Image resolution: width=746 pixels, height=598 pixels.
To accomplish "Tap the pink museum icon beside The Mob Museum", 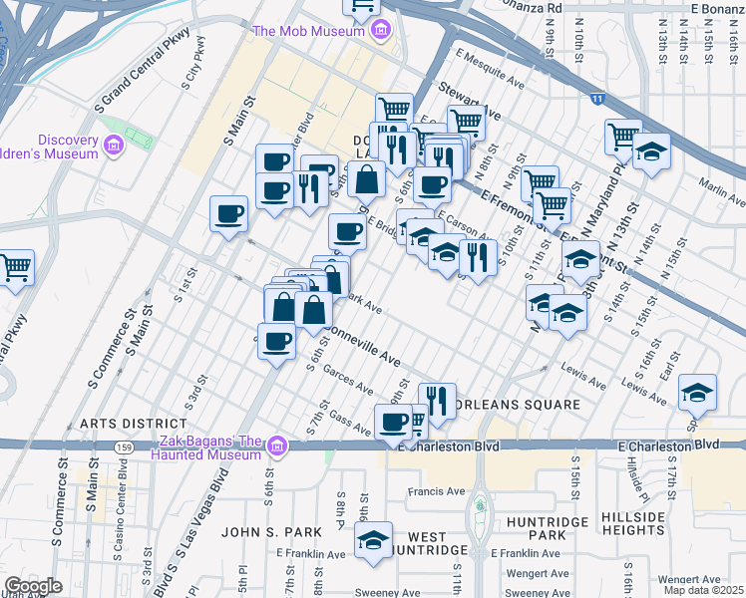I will click(x=379, y=31).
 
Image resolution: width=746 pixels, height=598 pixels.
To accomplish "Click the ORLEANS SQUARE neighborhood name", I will click(x=517, y=405).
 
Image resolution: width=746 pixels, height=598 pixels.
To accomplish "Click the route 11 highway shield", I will click(x=596, y=100).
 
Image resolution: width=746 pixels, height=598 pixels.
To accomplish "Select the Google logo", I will click(x=33, y=586).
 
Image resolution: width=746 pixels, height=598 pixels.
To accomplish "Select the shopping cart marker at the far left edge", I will click(x=15, y=266).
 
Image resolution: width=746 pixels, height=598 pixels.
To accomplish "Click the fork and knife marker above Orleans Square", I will click(x=437, y=400).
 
